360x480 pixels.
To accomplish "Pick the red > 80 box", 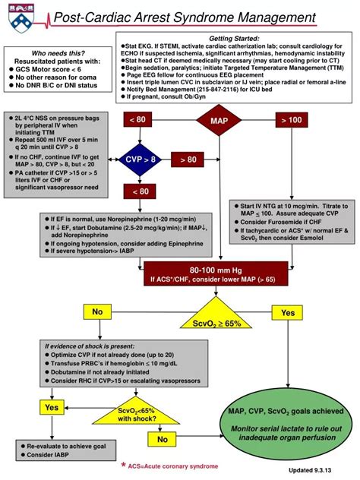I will (188, 159).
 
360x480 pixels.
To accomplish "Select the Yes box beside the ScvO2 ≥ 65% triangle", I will (288, 312).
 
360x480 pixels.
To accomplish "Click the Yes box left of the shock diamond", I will (51, 408).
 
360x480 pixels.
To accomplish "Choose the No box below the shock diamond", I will (162, 439).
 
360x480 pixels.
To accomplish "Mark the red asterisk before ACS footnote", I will (123, 464).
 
